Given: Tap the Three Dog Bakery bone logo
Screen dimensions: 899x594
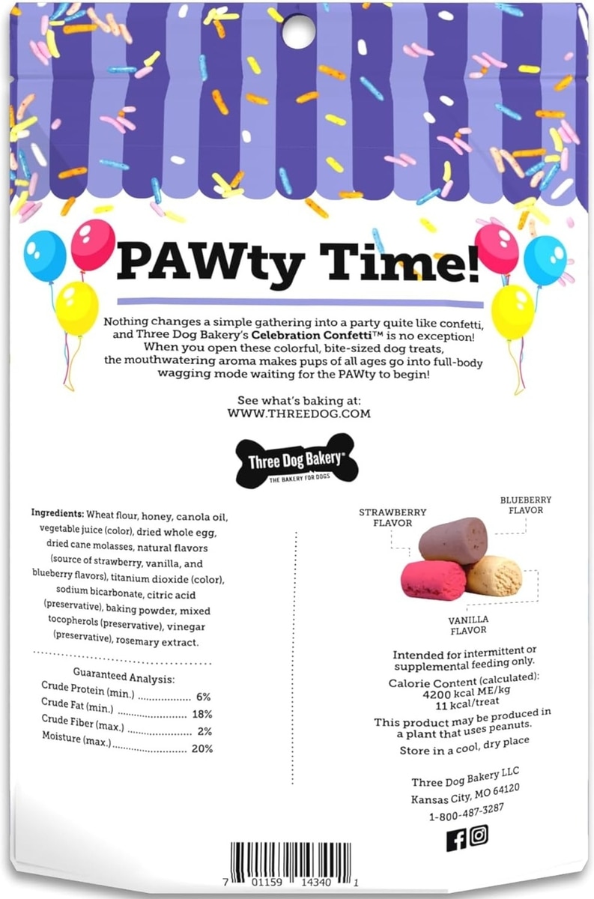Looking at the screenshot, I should (x=297, y=460).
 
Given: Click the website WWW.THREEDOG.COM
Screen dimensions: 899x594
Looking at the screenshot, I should (x=298, y=413).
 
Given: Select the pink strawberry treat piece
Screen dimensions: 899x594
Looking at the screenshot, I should (x=433, y=579).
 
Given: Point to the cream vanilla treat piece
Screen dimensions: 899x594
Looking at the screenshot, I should (x=494, y=575).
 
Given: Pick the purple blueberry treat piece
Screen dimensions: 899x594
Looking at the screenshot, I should (x=452, y=539).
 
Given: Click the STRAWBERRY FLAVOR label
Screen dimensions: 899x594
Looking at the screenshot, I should (x=393, y=517).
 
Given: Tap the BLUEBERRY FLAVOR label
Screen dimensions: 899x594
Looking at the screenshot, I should (x=526, y=505).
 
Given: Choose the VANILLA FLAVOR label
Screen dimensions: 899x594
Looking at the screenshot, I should (x=468, y=625).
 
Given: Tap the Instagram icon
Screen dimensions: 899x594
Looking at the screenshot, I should (x=479, y=835).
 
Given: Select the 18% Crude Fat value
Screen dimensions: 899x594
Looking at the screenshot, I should (x=202, y=714).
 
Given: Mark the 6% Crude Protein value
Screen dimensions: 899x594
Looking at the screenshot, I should (x=203, y=696).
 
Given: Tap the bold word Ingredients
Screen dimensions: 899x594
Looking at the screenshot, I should (x=58, y=515).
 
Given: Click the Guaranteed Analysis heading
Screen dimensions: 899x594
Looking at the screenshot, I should (x=124, y=679).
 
